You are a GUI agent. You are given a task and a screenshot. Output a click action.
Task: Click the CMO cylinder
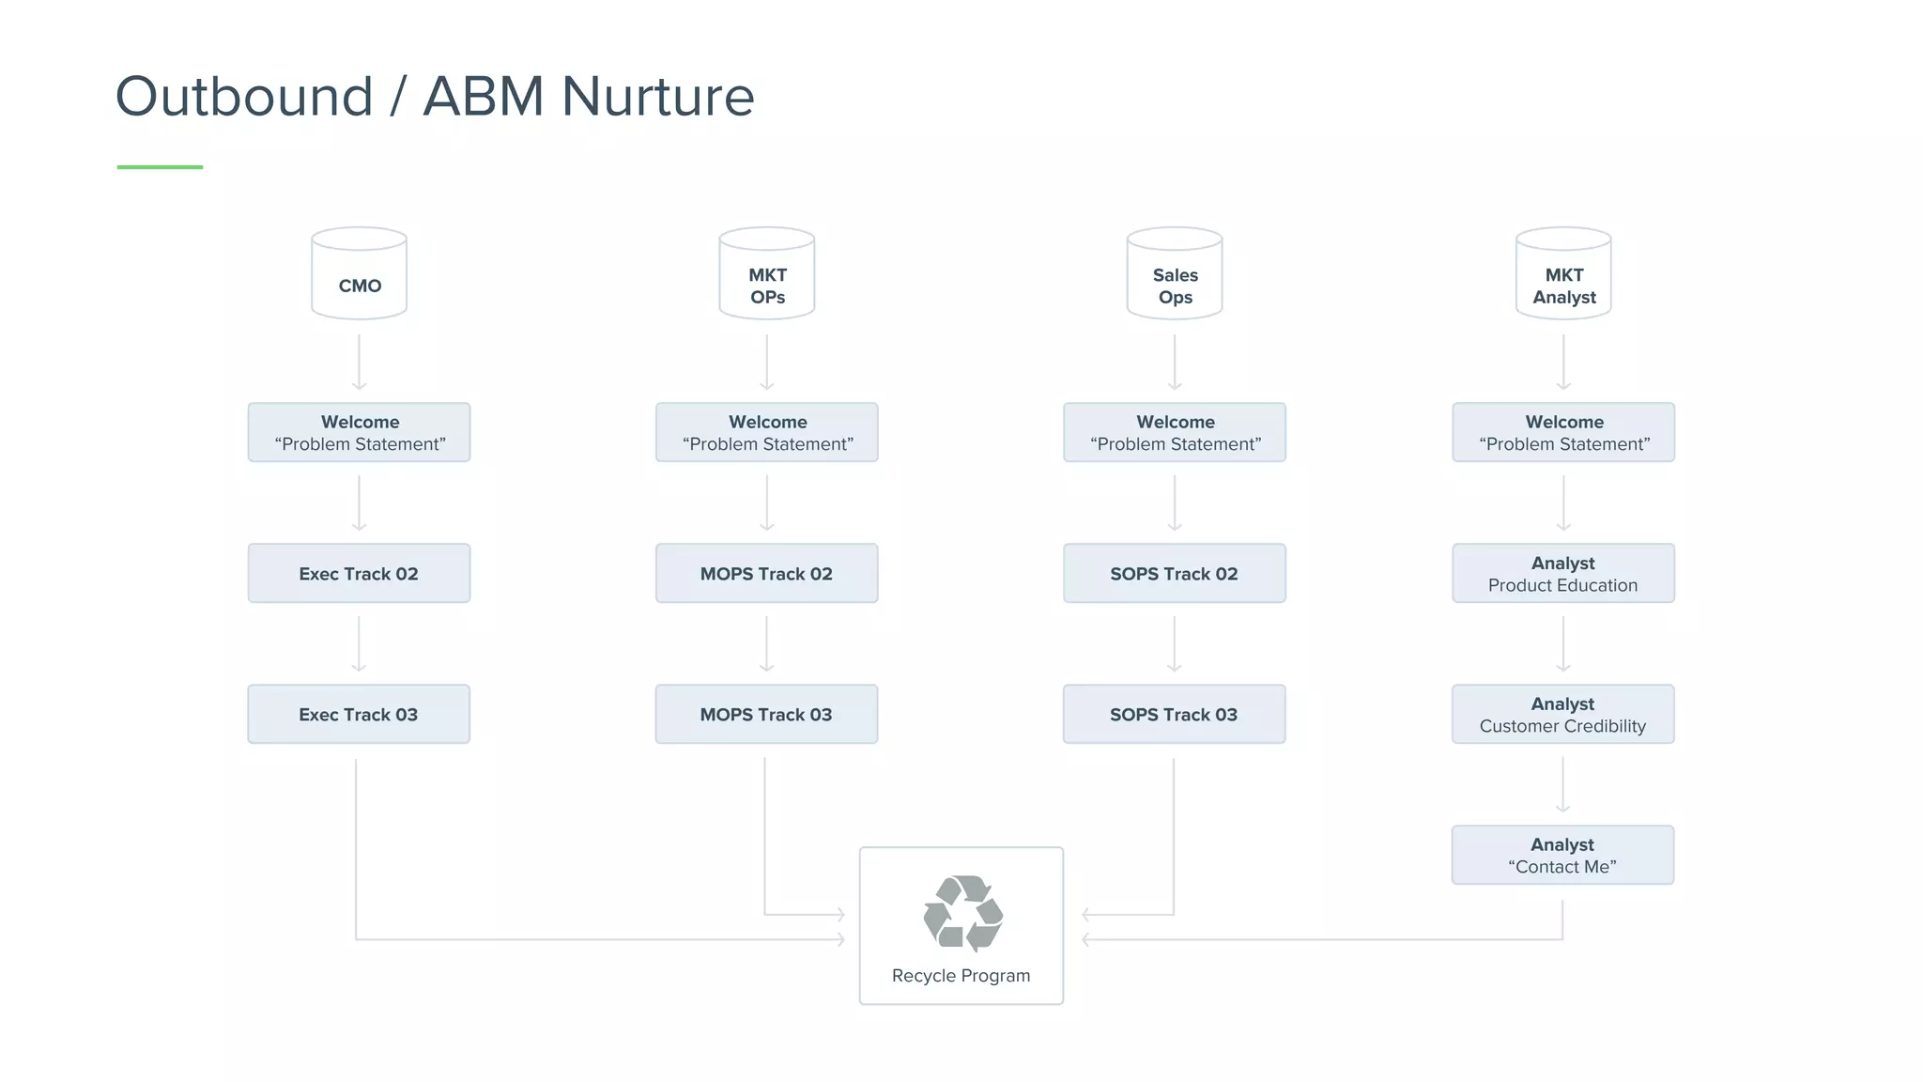click(x=359, y=274)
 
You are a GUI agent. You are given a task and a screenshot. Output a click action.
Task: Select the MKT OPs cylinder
click(x=766, y=274)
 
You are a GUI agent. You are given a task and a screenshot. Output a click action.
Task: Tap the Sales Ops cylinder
click(x=1174, y=274)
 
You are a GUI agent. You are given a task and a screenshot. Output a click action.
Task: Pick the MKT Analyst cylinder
click(x=1563, y=274)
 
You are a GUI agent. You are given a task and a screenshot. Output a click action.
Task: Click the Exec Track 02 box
click(x=359, y=573)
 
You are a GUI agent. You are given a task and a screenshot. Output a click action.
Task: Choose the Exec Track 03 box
click(x=359, y=714)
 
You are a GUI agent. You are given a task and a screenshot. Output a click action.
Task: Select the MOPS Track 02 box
click(x=766, y=573)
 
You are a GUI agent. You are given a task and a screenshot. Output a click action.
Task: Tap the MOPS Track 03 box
click(x=766, y=714)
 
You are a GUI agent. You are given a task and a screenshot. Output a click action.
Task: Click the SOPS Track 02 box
click(x=1174, y=573)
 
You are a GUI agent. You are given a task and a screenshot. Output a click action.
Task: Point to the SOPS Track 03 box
click(x=1174, y=714)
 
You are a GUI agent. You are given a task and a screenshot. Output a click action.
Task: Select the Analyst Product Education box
click(x=1562, y=573)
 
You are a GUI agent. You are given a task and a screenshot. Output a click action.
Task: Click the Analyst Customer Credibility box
click(x=1562, y=714)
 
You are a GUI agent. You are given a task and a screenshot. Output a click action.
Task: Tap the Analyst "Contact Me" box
click(x=1562, y=855)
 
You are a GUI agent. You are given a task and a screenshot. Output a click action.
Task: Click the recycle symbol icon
click(x=962, y=913)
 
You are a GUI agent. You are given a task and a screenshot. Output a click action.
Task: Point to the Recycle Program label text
click(x=961, y=976)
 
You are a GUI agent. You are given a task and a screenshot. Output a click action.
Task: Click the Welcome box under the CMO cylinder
click(x=359, y=432)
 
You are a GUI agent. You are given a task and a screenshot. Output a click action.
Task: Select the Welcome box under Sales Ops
click(x=1174, y=432)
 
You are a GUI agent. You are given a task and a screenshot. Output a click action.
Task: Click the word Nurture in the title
click(x=657, y=97)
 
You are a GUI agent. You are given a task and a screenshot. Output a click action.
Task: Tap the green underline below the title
click(x=160, y=167)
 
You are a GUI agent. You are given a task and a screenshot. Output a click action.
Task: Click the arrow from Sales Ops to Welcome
click(x=1174, y=363)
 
